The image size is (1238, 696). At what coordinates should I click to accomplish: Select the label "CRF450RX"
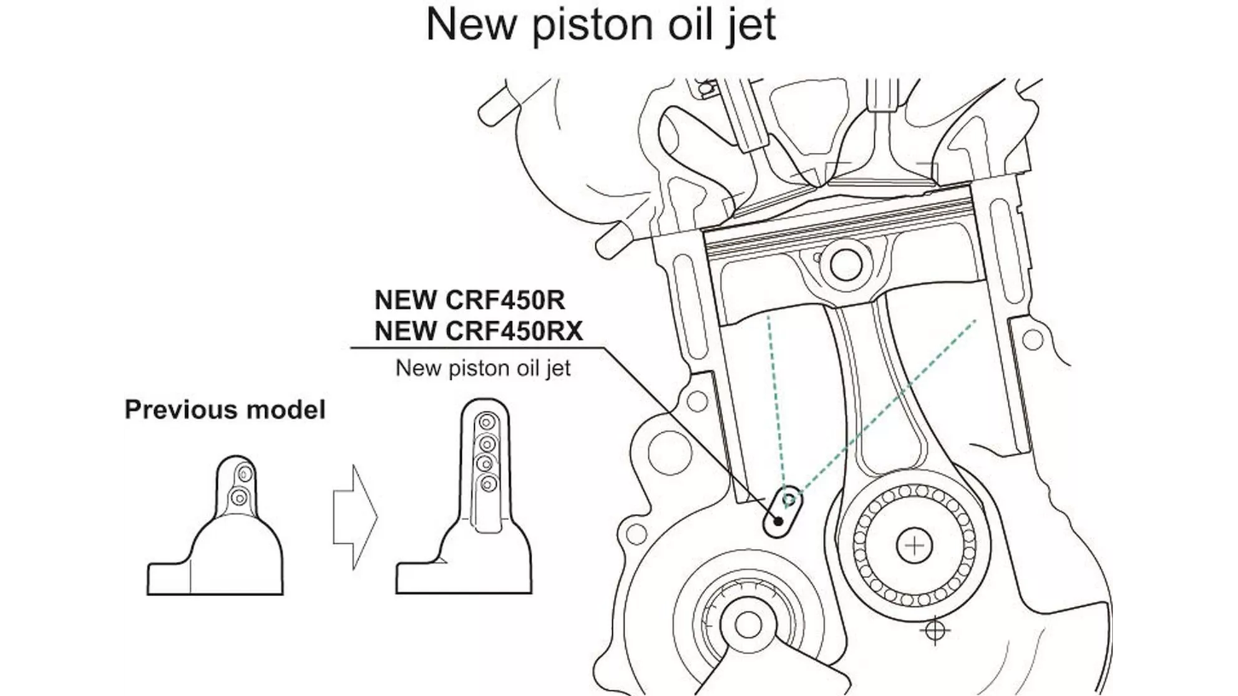click(x=515, y=331)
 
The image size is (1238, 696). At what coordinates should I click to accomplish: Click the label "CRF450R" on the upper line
click(x=505, y=301)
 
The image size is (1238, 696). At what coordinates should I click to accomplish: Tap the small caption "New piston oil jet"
click(x=483, y=368)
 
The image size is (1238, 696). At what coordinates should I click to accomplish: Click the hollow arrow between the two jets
click(x=355, y=516)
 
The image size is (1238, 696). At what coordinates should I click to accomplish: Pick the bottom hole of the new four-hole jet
click(x=487, y=483)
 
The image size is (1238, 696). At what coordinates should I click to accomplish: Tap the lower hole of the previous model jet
click(x=238, y=498)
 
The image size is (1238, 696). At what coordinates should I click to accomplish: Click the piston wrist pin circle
click(x=846, y=264)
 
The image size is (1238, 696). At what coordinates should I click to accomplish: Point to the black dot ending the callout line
click(x=778, y=521)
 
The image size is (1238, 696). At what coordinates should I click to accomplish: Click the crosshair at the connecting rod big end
click(x=914, y=547)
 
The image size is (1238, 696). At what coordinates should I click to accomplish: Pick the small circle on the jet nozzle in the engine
click(x=789, y=500)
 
